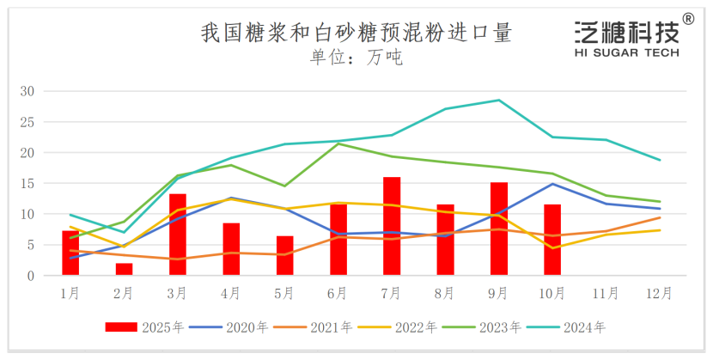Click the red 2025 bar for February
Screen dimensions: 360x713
[124, 269]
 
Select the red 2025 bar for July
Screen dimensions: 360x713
[392, 227]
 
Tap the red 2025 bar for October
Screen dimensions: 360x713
[552, 241]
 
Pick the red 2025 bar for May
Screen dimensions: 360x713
[285, 256]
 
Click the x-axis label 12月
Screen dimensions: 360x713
[659, 293]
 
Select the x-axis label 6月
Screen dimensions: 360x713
[338, 293]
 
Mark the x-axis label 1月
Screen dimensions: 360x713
[70, 293]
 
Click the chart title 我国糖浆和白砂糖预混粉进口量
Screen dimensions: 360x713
[356, 34]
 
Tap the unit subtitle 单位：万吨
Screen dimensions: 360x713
[356, 58]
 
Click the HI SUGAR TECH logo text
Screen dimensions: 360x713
[626, 52]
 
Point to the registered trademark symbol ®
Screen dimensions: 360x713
[688, 19]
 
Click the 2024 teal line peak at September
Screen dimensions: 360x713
[499, 100]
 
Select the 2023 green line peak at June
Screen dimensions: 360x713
[338, 143]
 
